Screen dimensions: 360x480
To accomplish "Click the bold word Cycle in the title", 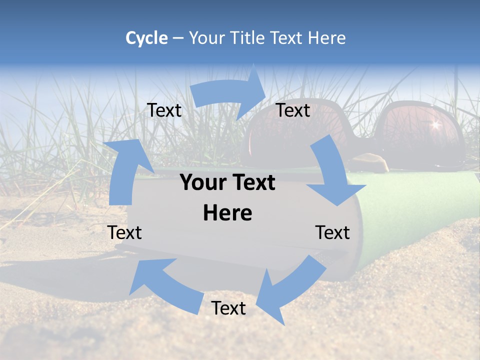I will (146, 38).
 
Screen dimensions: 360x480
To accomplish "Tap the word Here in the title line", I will (327, 38).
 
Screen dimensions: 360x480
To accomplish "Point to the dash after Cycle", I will (178, 38).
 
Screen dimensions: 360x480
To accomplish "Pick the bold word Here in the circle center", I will (227, 213).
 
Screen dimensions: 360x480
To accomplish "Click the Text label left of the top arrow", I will (164, 110).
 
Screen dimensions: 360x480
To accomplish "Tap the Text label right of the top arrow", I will (293, 110).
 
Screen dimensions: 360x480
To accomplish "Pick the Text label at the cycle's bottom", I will (228, 308).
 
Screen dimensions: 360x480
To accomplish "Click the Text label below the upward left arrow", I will (124, 232).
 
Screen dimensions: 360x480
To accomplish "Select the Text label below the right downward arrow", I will (332, 232).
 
